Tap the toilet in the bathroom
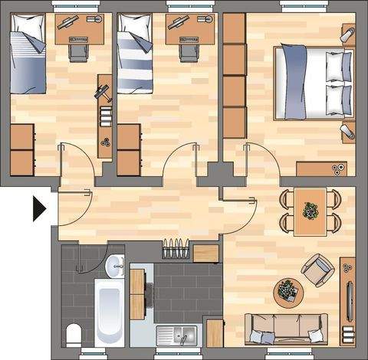pos(74,334)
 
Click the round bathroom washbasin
pos(115,266)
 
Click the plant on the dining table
pos(310,210)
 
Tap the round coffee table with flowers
pos(288,291)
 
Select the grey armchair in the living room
pos(315,270)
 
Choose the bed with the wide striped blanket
pos(137,57)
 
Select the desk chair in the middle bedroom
pos(187,50)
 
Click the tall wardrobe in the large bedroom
pos(235,77)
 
